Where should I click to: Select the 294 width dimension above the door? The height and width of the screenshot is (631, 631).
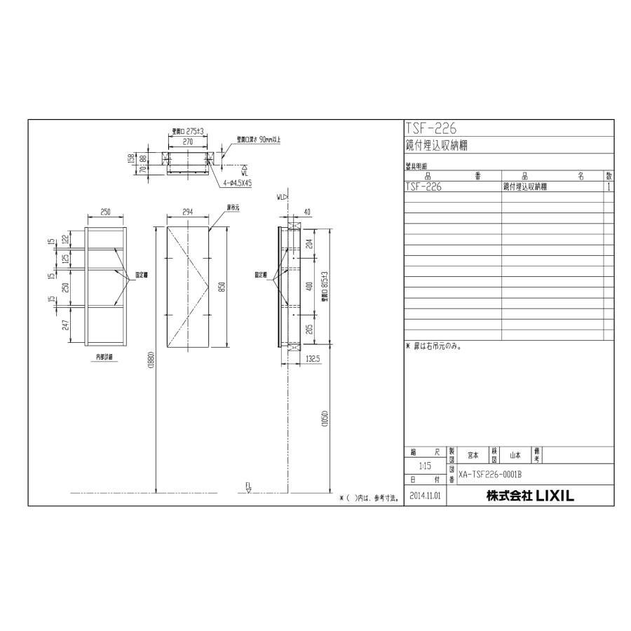(x=187, y=210)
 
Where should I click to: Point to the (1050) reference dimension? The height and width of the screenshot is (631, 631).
(x=325, y=418)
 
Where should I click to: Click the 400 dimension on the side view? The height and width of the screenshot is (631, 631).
(x=310, y=286)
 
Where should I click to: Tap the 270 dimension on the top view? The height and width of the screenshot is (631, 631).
(x=187, y=141)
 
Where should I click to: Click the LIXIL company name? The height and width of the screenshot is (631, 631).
(x=530, y=496)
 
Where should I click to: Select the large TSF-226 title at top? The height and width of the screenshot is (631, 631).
(x=430, y=128)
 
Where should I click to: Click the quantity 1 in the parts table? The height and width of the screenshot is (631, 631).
(x=609, y=187)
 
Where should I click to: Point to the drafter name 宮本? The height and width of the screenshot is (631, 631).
(x=473, y=455)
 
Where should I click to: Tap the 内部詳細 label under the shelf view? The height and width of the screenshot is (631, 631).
(x=104, y=356)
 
